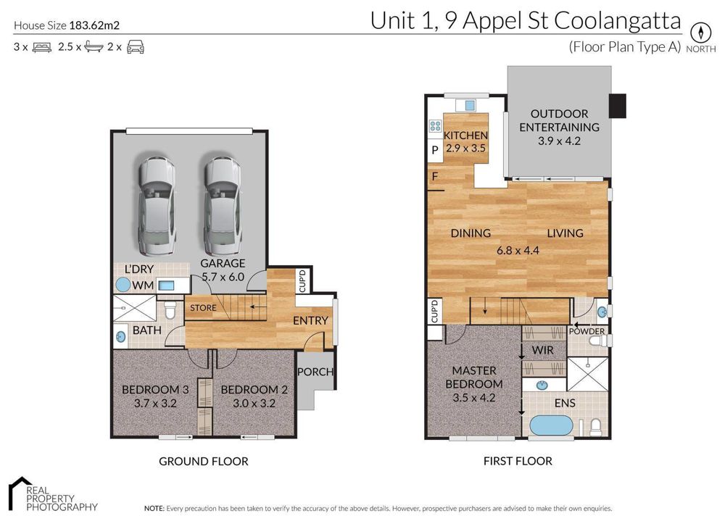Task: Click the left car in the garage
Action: coord(157,207)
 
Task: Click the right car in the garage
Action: coord(223,207)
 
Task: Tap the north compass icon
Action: coord(700,33)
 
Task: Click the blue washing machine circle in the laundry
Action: coord(123,284)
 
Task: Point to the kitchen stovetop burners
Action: coord(435,126)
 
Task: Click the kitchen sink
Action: coord(469,106)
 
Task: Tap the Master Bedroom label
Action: coord(474,377)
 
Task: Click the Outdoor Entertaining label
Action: coord(559,120)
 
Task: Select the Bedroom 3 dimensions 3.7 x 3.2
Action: coord(155,403)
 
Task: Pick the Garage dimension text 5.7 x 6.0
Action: coord(223,277)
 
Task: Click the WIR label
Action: coord(543,350)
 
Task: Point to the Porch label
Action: coord(315,372)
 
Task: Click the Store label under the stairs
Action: coord(203,308)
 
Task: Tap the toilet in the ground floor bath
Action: coord(170,309)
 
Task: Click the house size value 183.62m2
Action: coord(94,25)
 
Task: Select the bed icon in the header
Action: coord(41,47)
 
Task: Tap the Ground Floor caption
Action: coord(204,461)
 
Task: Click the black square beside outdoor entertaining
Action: coord(617,106)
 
